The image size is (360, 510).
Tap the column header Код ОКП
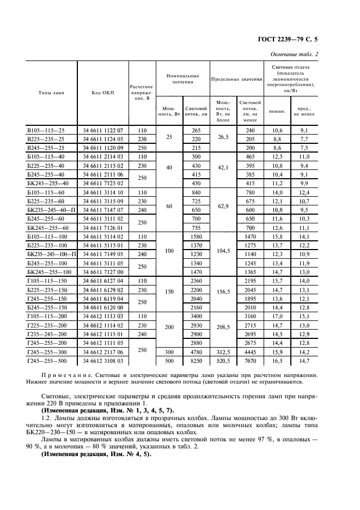coord(102,93)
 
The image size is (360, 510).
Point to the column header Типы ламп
coord(51,93)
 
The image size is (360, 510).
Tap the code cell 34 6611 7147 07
coord(103,209)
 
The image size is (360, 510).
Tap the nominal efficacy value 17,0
coord(277,315)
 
